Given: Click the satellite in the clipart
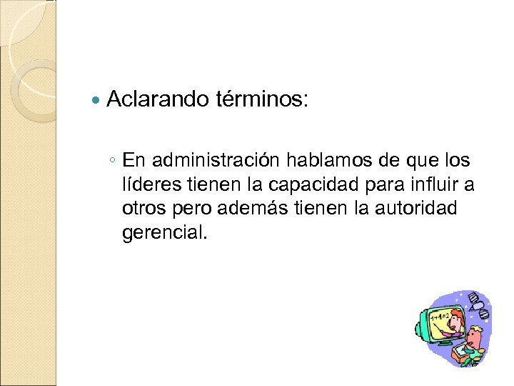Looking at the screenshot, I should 478,307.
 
